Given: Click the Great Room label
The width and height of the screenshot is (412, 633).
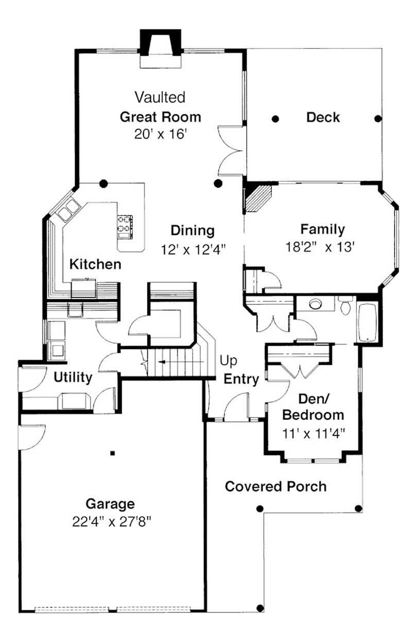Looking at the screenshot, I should [160, 116].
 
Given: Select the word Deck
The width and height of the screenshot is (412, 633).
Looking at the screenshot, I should [323, 117].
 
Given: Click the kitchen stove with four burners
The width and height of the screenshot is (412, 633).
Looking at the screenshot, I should [125, 226].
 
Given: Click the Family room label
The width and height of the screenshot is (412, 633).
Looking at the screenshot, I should [322, 229].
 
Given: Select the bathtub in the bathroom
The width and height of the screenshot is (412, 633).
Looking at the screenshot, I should [367, 323].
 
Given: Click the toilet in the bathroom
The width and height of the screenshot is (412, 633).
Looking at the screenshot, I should [345, 306].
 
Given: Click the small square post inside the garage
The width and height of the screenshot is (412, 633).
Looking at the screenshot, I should [112, 453].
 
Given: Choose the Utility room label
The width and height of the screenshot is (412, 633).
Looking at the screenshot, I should [73, 378].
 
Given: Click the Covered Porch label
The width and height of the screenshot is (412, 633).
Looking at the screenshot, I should [276, 486].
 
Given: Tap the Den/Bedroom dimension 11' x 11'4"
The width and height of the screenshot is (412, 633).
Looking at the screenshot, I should [313, 433].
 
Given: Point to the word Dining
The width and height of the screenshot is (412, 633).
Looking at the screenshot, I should [193, 230].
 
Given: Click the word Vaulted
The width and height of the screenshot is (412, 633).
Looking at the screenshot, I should [160, 97].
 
